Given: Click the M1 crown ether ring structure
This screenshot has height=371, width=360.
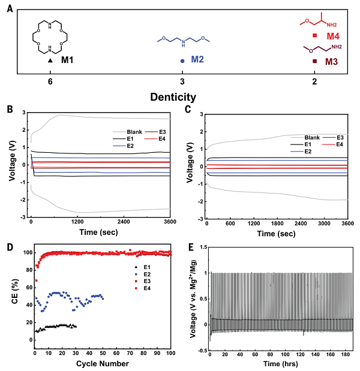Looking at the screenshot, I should coord(51,35).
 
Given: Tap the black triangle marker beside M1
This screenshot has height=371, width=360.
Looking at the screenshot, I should coord(51,61).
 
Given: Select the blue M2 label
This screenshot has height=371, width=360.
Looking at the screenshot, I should coord(198,60).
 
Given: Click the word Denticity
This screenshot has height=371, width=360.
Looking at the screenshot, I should coord(182,96).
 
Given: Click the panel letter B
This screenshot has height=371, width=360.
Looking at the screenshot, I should coord(10,110).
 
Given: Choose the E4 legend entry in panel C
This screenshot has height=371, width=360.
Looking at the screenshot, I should coord(340,144).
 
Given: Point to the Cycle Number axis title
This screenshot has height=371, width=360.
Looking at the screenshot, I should coord(103,364).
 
